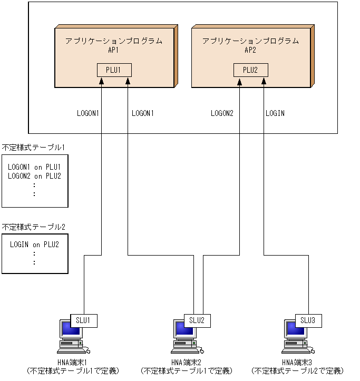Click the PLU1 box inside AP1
pyautogui.click(x=114, y=70)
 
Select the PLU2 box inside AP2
pyautogui.click(x=251, y=70)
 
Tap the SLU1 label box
pyautogui.click(x=84, y=320)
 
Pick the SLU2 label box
pyautogui.click(x=197, y=320)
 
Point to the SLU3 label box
pyautogui.click(x=308, y=320)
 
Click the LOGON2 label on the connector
pyautogui.click(x=222, y=113)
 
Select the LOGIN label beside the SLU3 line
pyautogui.click(x=275, y=113)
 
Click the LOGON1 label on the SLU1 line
pyautogui.click(x=88, y=113)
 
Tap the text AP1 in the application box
pyautogui.click(x=114, y=50)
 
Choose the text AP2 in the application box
pyautogui.click(x=251, y=50)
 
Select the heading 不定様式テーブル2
pyautogui.click(x=34, y=227)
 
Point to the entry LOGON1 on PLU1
pyautogui.click(x=35, y=167)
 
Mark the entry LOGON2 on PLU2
pyautogui.click(x=35, y=176)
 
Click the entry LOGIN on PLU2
pyautogui.click(x=35, y=245)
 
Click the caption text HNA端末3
pyautogui.click(x=297, y=362)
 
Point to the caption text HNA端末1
pyautogui.click(x=72, y=362)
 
